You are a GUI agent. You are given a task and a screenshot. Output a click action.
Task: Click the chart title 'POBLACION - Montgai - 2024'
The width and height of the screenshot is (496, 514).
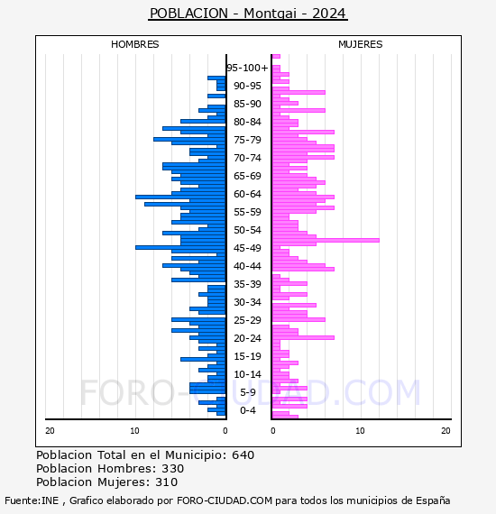[x=247, y=14]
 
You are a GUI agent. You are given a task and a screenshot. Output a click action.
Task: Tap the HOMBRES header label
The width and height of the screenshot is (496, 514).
[x=134, y=44]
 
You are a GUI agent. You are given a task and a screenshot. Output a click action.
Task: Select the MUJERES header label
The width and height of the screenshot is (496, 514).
[x=361, y=44]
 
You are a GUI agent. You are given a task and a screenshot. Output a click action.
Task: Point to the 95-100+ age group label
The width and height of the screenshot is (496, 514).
[x=247, y=68]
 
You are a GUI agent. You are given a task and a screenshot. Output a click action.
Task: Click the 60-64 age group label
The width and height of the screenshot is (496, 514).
[x=247, y=194]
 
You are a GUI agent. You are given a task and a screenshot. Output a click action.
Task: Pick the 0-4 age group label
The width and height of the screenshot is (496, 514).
[x=248, y=410]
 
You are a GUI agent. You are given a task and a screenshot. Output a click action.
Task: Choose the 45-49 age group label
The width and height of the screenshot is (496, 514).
[x=247, y=248]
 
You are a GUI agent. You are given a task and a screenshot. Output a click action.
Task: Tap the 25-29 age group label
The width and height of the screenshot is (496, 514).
[x=247, y=320]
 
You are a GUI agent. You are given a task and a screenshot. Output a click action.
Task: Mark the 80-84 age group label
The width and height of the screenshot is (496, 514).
[x=247, y=122]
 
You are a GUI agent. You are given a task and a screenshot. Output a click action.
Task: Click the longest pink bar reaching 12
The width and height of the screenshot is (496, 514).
[x=326, y=240]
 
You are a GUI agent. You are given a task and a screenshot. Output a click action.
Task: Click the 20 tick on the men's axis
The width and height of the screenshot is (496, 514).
[x=50, y=431]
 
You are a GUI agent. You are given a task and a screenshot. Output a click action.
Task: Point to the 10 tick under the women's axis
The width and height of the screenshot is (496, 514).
[x=360, y=431]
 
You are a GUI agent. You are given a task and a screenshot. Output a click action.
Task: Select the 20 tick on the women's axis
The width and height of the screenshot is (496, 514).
[x=445, y=431]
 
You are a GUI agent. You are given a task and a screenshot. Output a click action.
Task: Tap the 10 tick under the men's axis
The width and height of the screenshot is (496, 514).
[x=134, y=431]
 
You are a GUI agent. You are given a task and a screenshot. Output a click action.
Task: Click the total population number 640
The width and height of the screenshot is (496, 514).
[x=243, y=455]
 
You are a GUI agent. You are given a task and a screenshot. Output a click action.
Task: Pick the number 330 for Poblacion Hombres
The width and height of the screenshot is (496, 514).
[x=173, y=468]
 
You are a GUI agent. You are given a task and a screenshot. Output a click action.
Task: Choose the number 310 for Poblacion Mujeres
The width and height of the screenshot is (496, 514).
[x=167, y=482]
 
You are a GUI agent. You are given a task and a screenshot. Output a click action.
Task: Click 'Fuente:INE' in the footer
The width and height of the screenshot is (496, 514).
[x=32, y=500]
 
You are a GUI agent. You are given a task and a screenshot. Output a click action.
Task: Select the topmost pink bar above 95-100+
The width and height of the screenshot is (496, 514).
[x=276, y=57]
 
